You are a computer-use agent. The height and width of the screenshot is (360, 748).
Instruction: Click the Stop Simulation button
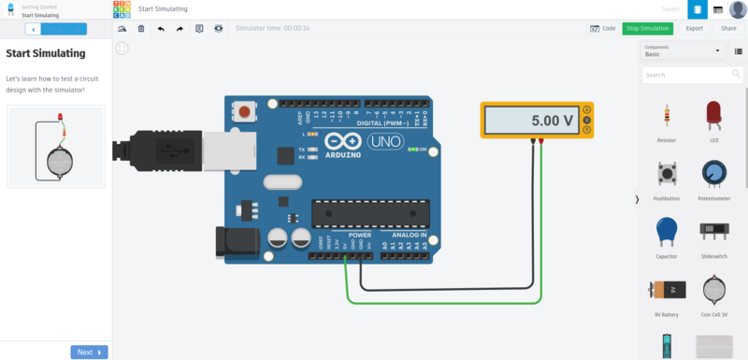click(649, 28)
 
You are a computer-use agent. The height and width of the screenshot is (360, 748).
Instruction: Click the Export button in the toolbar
click(695, 28)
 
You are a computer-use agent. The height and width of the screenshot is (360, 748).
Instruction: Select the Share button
click(728, 28)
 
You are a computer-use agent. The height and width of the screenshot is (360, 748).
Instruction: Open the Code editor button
click(603, 28)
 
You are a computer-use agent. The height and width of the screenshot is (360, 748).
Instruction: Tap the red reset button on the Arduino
click(245, 112)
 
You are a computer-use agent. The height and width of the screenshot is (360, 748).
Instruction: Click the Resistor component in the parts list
click(667, 117)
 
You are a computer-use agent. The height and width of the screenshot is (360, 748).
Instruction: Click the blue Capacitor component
click(667, 231)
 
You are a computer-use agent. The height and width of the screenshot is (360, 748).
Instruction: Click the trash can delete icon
click(141, 29)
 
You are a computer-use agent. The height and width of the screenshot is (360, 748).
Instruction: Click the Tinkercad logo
click(122, 9)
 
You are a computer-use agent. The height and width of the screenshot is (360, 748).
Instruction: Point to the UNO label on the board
click(384, 142)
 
